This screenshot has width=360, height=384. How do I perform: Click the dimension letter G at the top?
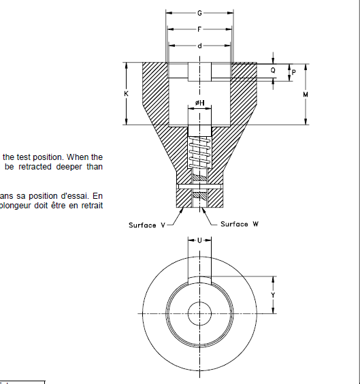click(199, 13)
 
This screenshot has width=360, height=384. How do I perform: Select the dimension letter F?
click(199, 29)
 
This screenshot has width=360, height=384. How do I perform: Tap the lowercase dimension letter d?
click(199, 46)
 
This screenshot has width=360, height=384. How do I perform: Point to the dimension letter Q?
click(273, 70)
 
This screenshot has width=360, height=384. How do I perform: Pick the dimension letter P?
click(293, 71)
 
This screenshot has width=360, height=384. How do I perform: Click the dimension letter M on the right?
click(306, 95)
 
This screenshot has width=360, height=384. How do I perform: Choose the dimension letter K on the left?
click(127, 94)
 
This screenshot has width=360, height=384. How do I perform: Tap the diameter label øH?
click(199, 103)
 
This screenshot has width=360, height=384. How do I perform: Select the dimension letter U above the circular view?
click(199, 240)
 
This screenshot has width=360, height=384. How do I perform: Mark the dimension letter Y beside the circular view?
click(273, 295)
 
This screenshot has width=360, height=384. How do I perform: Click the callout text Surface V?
click(146, 225)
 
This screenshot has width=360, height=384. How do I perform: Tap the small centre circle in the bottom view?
click(199, 312)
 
